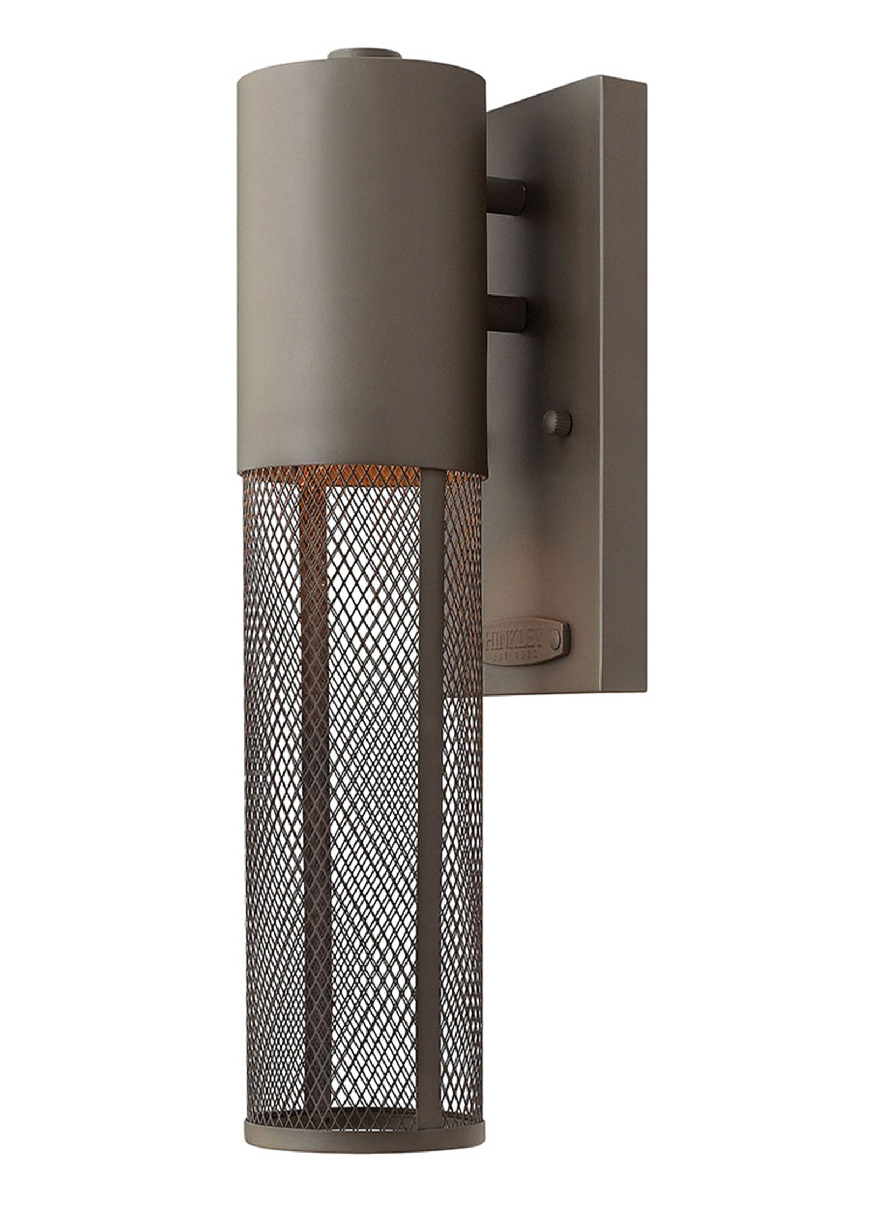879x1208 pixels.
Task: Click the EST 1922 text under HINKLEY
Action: [x=514, y=655]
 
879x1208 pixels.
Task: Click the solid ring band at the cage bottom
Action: [x=363, y=1099]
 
